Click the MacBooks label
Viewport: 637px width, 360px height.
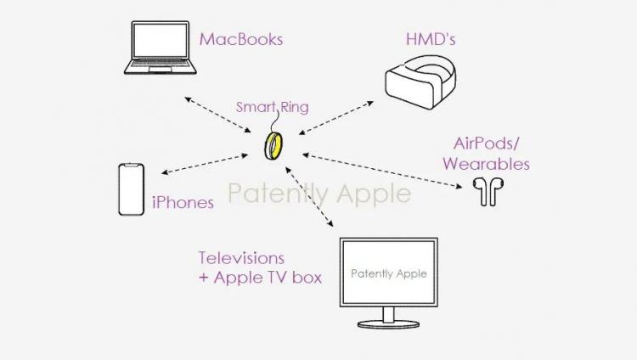click(241, 39)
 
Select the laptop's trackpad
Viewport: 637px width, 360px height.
click(160, 70)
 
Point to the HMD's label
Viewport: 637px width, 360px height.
click(431, 39)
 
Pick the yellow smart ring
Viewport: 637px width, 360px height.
click(273, 146)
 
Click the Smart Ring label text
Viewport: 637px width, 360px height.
click(272, 107)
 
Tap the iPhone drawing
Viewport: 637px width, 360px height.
click(131, 189)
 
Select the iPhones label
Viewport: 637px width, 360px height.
click(183, 202)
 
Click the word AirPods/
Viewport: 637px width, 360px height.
click(487, 143)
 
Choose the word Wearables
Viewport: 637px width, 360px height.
click(487, 164)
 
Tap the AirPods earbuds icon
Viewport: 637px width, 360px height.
click(488, 191)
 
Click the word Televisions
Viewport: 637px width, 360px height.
click(241, 258)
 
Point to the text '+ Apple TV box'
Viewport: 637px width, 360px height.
click(260, 278)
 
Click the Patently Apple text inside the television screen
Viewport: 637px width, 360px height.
click(389, 273)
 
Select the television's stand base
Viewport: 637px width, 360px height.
click(388, 323)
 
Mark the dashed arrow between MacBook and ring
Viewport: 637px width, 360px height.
click(217, 115)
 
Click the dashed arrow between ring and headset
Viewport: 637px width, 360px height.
click(336, 118)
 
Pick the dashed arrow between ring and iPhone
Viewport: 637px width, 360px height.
click(205, 164)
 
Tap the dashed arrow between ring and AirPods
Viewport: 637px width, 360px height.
click(382, 171)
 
